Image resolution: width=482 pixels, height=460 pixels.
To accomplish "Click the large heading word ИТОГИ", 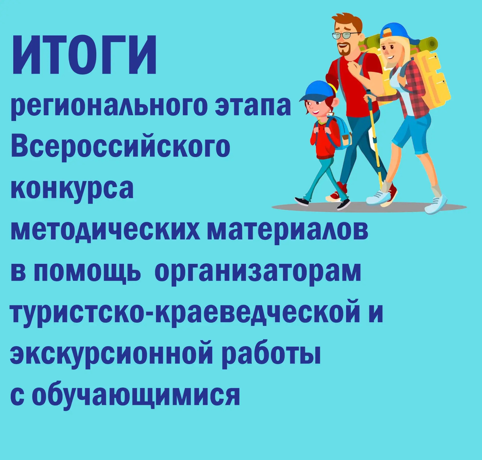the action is (x=84, y=55).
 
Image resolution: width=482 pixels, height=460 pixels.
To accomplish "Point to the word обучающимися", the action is (x=137, y=395).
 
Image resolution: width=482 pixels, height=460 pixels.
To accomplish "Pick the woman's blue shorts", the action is (x=411, y=133).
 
